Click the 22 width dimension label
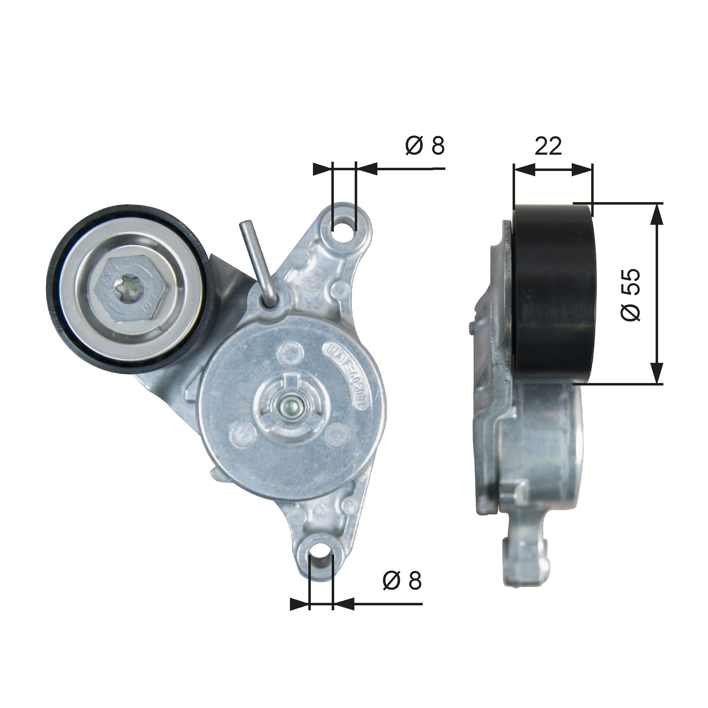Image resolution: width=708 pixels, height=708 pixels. [548, 146]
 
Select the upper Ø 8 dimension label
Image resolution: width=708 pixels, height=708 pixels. [425, 145]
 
